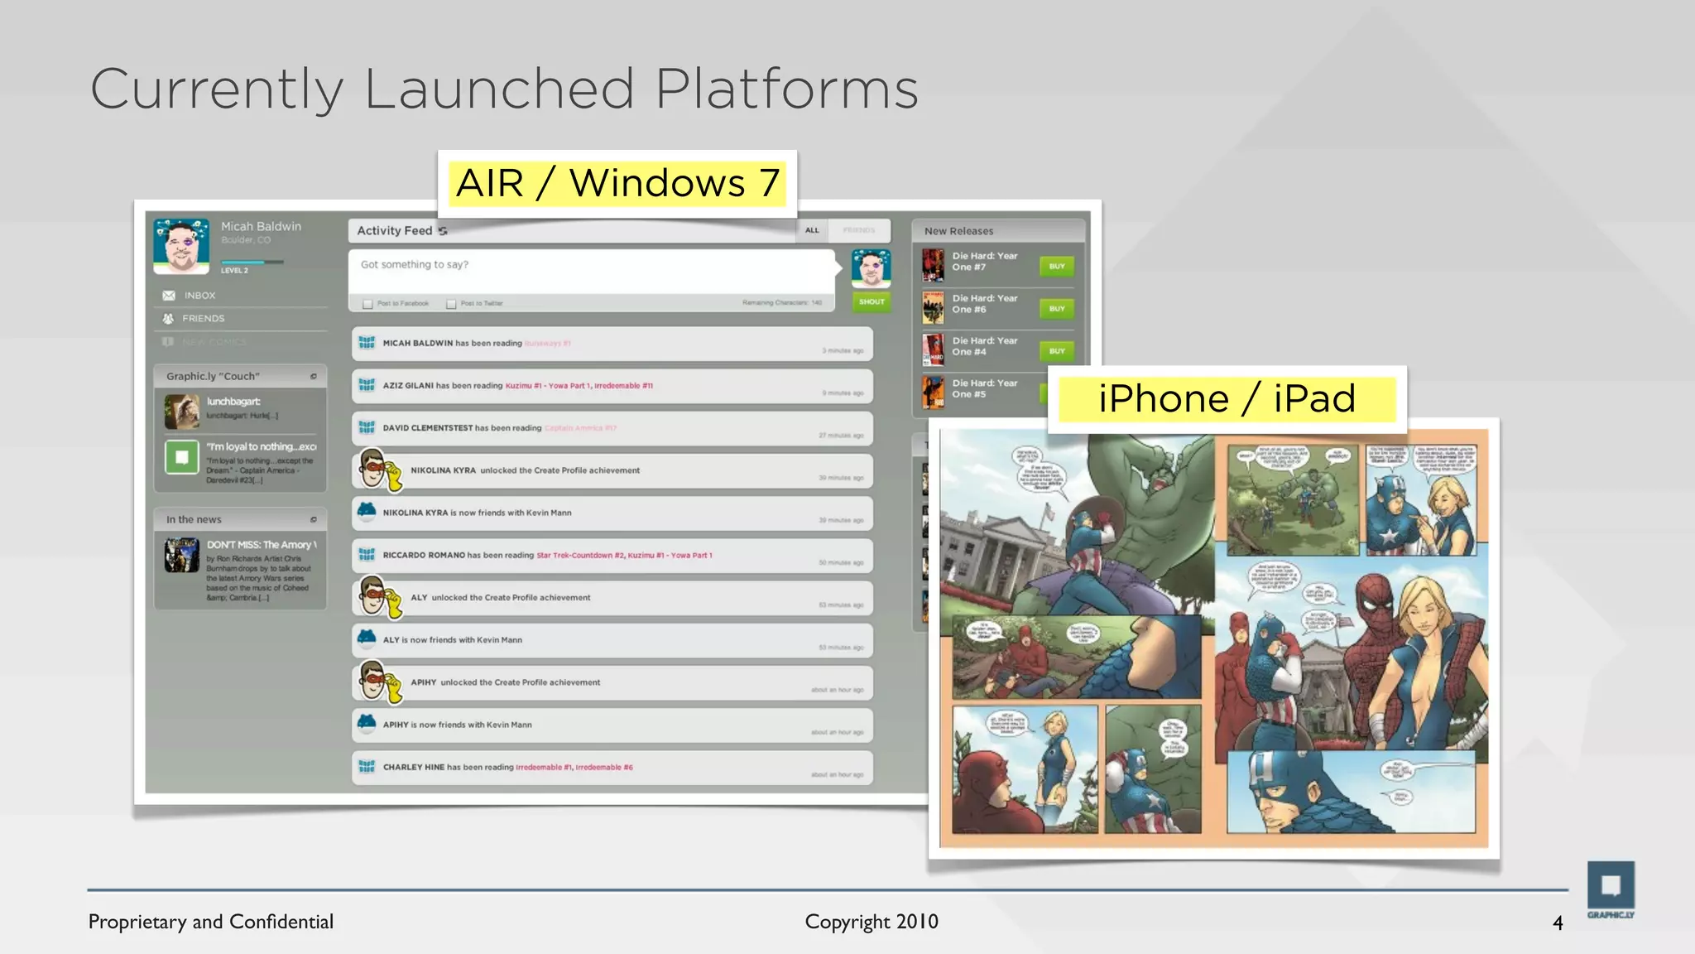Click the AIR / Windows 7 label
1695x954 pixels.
(617, 183)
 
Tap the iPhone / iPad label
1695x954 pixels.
(1227, 398)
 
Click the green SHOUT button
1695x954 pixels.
(872, 302)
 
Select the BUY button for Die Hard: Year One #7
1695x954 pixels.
(1057, 267)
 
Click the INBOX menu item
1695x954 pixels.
(199, 296)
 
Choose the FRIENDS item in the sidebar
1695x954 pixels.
(203, 319)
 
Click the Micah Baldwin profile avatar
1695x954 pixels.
(181, 246)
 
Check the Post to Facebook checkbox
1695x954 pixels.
(368, 304)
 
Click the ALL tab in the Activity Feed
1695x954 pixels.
(812, 230)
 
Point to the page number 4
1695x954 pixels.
(1558, 923)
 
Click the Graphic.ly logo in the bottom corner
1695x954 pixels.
(1610, 889)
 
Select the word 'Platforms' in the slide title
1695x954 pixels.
(786, 89)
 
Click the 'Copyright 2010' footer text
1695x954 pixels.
(872, 922)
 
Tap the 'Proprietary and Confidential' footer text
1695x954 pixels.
(211, 922)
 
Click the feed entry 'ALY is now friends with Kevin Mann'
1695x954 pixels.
(612, 640)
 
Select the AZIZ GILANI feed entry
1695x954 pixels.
(612, 386)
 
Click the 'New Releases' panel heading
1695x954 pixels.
(958, 231)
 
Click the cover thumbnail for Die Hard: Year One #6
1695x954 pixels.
(934, 308)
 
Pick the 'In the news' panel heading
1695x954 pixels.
(194, 520)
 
